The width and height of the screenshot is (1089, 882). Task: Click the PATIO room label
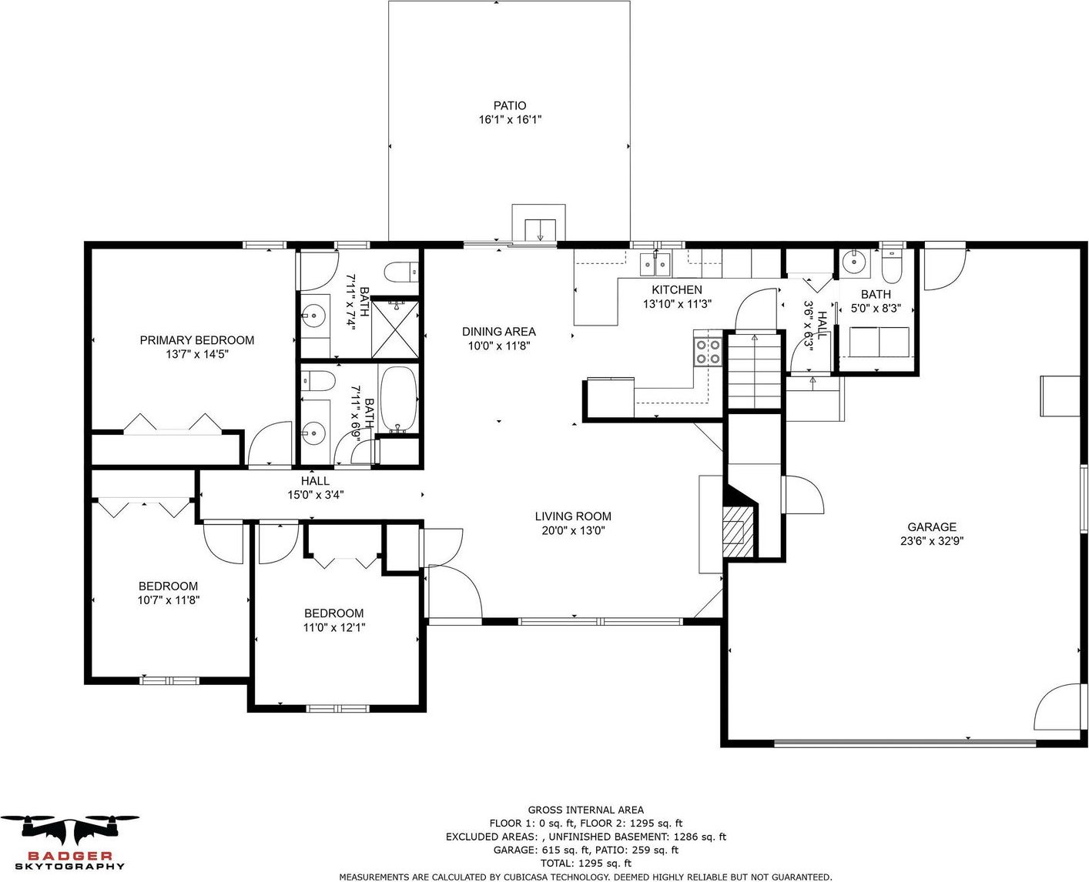[509, 105]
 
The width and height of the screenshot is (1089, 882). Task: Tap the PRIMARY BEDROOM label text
[197, 340]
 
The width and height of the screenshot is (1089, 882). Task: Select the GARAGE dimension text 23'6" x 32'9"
[932, 540]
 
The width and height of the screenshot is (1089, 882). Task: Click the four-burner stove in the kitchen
[708, 352]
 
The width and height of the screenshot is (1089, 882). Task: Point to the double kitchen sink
[655, 264]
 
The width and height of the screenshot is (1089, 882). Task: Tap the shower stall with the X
[394, 329]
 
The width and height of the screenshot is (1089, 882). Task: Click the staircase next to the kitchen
[754, 372]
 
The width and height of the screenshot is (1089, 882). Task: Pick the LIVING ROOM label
[573, 516]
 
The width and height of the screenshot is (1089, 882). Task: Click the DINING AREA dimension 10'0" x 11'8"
[498, 346]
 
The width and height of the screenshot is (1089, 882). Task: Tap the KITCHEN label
[677, 289]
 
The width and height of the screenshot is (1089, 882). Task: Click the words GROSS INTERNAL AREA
[586, 810]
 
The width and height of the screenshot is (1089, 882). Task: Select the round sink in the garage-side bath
[853, 261]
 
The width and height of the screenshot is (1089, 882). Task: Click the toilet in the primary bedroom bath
[401, 272]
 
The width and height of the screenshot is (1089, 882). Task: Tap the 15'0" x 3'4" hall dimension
[316, 495]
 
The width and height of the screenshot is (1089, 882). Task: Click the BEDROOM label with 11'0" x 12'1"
[333, 613]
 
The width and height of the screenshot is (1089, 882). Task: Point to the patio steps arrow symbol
[541, 230]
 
